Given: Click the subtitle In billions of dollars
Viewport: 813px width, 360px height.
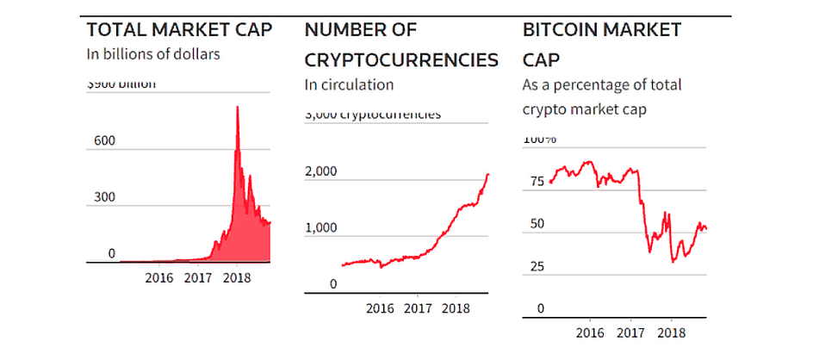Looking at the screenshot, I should click(x=153, y=54).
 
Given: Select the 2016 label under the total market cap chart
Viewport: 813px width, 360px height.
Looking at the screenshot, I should click(x=159, y=277).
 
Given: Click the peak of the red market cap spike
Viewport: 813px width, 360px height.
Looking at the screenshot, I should click(x=238, y=106).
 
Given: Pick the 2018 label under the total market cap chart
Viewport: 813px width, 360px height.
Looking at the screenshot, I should click(x=235, y=277).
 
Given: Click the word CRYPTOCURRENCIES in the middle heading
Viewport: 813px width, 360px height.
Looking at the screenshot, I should click(x=401, y=60).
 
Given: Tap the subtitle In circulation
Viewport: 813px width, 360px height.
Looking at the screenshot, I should click(x=349, y=84).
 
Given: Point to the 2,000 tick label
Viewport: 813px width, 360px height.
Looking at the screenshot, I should click(x=321, y=172).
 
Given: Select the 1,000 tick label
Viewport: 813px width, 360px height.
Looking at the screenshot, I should click(x=321, y=228).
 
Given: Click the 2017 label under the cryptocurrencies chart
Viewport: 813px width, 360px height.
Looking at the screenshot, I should click(x=418, y=307).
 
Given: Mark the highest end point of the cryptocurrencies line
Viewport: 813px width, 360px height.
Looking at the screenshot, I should click(x=488, y=174).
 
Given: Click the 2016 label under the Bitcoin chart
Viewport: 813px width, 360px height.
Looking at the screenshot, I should click(x=590, y=331).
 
